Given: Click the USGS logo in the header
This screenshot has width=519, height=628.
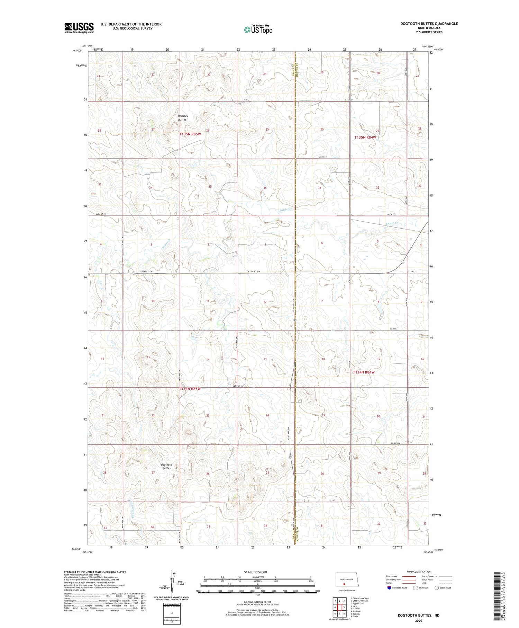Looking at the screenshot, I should pos(79,28).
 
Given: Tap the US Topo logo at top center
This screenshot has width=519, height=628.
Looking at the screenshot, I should pos(258,29).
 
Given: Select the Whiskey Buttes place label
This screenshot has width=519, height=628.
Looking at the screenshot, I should pos(183,118).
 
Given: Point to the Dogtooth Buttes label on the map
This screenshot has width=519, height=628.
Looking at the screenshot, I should pos(166,466).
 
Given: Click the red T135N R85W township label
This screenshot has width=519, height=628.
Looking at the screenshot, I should pos(190,134).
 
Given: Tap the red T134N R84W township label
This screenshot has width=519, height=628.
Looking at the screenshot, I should pos(363,372).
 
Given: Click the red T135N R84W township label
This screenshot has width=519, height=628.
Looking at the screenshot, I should pos(365,138).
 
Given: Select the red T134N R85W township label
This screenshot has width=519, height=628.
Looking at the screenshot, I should pos(190,389).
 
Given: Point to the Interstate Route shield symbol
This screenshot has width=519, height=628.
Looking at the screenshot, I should pos(389,587).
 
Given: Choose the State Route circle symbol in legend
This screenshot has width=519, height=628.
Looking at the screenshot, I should pos(437,587).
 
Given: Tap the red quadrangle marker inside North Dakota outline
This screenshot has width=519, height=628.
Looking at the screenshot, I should pos(344,583).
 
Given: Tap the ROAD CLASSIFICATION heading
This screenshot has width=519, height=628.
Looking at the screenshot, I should pos(419,572).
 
